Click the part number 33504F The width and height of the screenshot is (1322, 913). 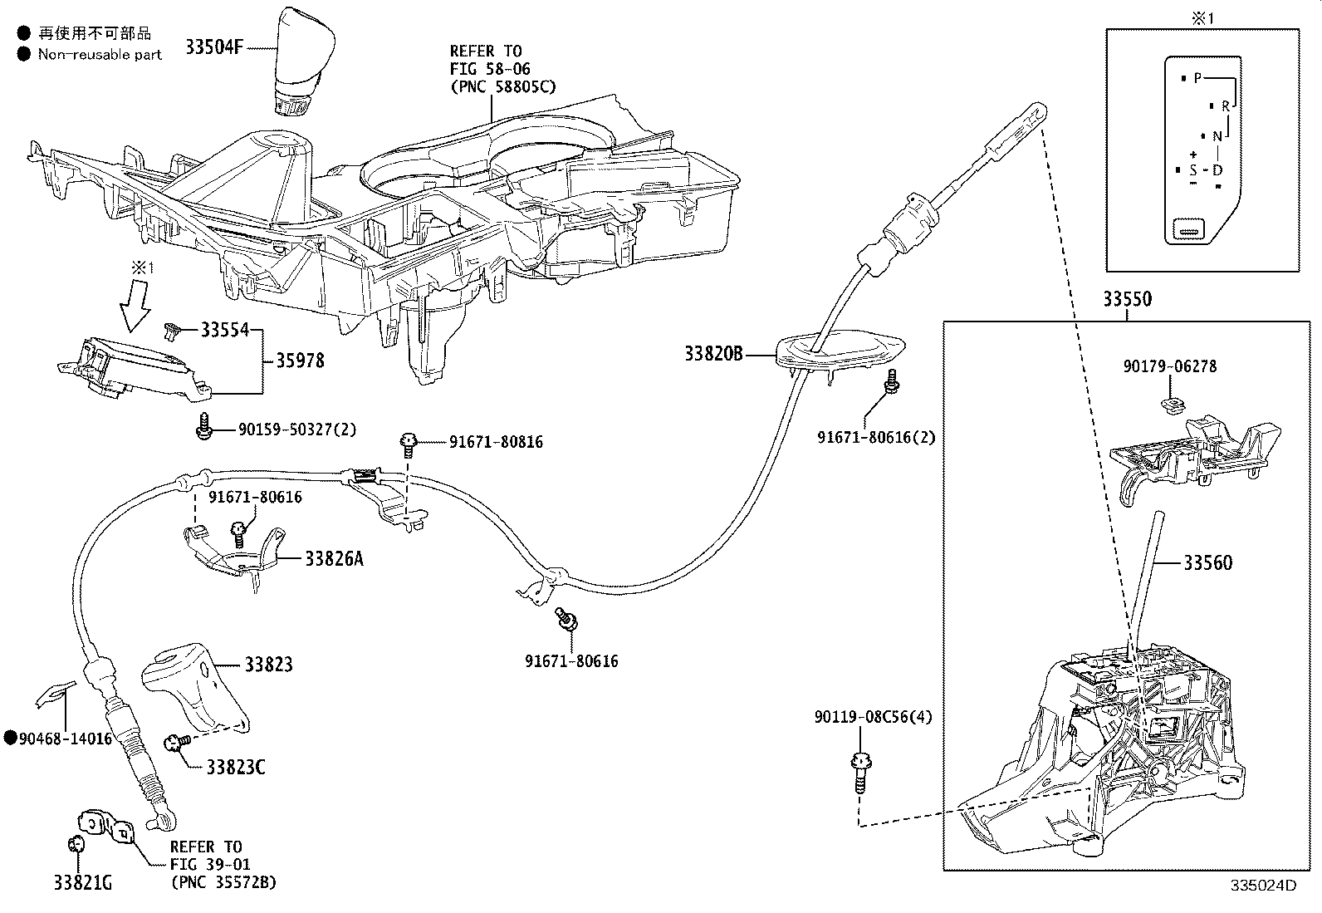click(x=213, y=47)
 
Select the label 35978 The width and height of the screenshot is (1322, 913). click(x=300, y=361)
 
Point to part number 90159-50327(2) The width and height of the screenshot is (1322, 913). click(x=297, y=430)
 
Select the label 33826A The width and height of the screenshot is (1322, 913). click(x=334, y=559)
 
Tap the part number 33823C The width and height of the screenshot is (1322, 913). click(x=236, y=767)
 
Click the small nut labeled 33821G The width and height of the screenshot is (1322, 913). click(x=75, y=844)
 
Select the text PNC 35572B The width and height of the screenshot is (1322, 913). click(x=223, y=881)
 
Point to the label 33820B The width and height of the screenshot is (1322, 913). click(x=713, y=355)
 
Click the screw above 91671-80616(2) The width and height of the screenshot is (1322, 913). click(x=892, y=381)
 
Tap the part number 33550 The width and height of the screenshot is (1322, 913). click(x=1127, y=300)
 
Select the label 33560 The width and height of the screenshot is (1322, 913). click(x=1207, y=563)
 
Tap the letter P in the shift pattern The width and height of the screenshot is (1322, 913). click(x=1197, y=78)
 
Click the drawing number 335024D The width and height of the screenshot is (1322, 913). click(x=1263, y=885)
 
